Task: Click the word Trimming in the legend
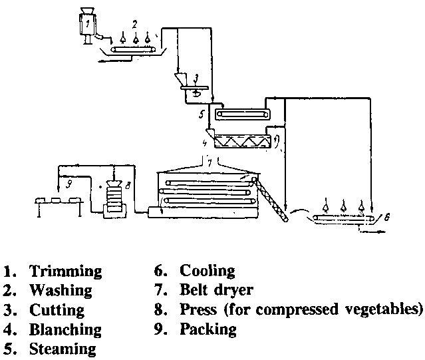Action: point(65,271)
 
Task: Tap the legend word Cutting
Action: point(57,310)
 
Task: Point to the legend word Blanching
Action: point(65,329)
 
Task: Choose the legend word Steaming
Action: point(63,349)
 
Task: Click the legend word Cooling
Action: point(208,271)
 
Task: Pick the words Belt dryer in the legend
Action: point(216,291)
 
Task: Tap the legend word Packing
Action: point(208,329)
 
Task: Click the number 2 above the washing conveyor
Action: point(134,25)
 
